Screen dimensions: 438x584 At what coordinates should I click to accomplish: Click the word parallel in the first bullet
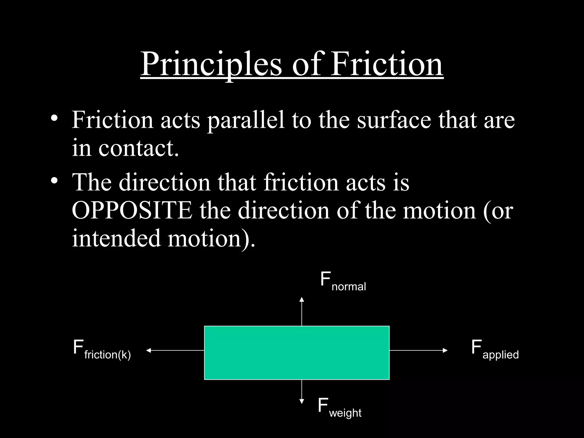246,120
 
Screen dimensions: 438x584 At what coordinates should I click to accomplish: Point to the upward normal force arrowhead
302,299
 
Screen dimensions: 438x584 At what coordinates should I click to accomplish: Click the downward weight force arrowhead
302,401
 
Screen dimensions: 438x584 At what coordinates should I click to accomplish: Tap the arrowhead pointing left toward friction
148,350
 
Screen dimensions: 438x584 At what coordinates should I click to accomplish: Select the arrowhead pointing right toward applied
445,350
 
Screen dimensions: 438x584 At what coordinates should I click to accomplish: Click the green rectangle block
297,353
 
